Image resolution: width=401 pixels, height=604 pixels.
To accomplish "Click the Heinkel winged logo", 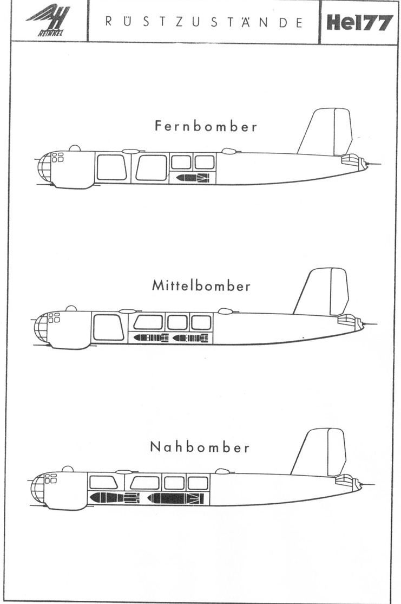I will click(x=48, y=22).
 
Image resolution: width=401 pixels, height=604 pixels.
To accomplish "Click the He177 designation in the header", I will click(x=359, y=22).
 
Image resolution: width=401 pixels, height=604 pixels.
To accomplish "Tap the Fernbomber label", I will click(x=206, y=127).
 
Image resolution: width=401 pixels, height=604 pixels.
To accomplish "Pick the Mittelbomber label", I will click(x=201, y=285).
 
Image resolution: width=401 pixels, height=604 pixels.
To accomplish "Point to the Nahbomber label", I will click(x=200, y=447).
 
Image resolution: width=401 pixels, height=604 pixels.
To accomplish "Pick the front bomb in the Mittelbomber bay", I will click(x=151, y=337).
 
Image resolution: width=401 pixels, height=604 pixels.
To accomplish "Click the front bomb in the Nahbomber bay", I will click(x=114, y=497).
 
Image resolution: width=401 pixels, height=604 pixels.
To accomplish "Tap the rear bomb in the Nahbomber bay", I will click(x=175, y=498).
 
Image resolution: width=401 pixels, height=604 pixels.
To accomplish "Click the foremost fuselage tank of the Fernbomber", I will click(x=111, y=167).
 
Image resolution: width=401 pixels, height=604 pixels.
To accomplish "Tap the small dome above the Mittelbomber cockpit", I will click(x=71, y=308).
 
